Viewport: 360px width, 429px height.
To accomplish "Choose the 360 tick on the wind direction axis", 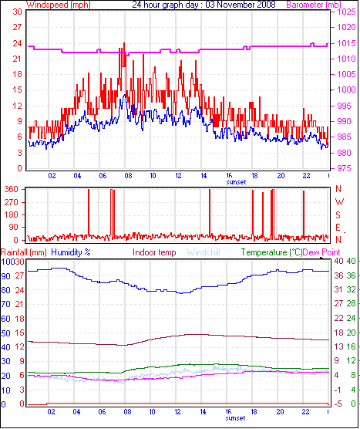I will coord(12,189).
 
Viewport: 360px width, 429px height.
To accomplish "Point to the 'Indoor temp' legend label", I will coord(154,252).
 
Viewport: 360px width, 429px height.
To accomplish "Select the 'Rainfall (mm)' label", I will coord(24,252).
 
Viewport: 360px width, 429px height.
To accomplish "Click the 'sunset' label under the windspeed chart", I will coord(236,183).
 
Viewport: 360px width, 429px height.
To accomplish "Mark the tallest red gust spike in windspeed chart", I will coord(123,45).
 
